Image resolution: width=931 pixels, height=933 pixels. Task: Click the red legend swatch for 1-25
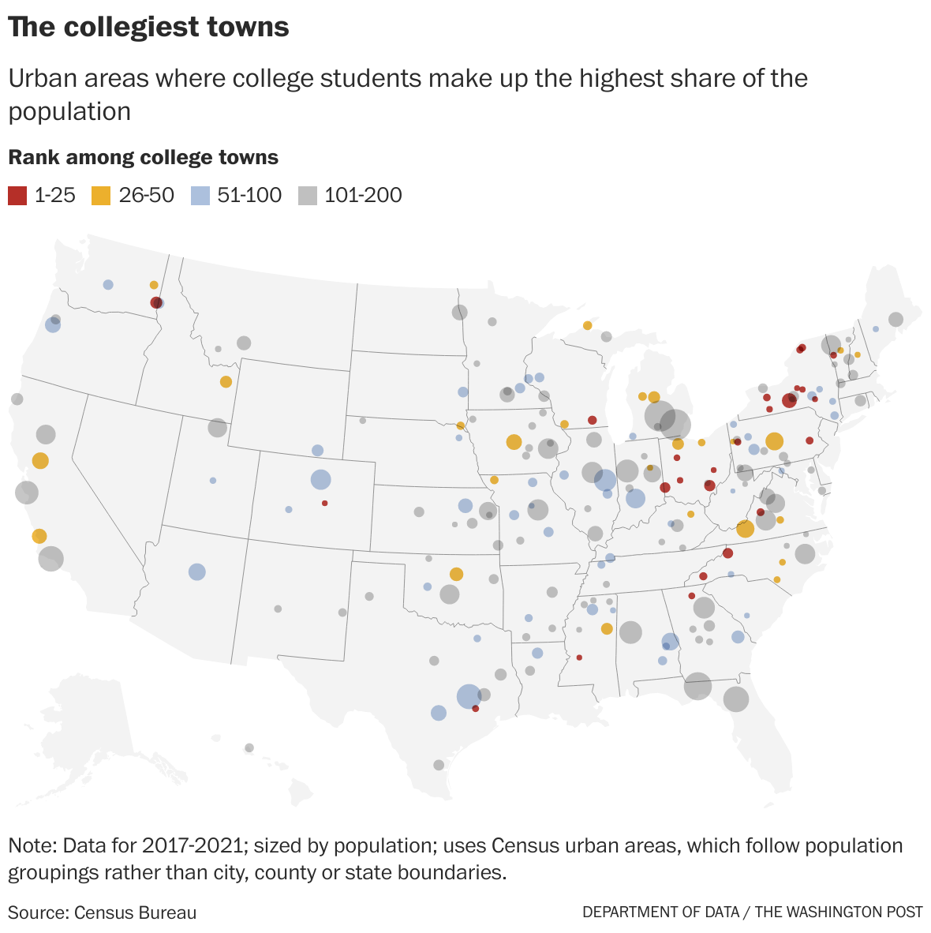(17, 196)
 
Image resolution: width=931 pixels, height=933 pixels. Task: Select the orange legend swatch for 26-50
(102, 196)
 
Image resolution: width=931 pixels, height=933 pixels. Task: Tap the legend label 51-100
(249, 196)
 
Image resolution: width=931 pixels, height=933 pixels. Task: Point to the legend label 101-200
(363, 196)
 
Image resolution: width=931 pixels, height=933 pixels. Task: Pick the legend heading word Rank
(32, 157)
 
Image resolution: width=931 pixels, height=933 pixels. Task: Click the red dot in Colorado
(324, 503)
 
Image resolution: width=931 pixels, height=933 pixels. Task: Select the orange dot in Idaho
(226, 382)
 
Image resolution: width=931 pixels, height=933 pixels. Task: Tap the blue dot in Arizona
(197, 572)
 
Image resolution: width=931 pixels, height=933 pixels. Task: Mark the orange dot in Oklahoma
(456, 574)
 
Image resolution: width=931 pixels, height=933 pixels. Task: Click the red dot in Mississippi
(579, 658)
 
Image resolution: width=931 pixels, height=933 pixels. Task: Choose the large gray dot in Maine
(895, 320)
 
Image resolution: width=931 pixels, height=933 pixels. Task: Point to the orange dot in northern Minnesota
(587, 325)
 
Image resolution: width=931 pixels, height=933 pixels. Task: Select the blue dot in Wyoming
(317, 451)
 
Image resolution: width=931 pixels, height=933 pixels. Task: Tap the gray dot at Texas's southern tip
(439, 765)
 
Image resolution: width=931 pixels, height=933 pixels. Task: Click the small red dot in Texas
(476, 709)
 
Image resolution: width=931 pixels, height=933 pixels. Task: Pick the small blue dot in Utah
(213, 480)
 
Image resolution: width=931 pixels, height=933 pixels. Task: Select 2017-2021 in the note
(192, 846)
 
